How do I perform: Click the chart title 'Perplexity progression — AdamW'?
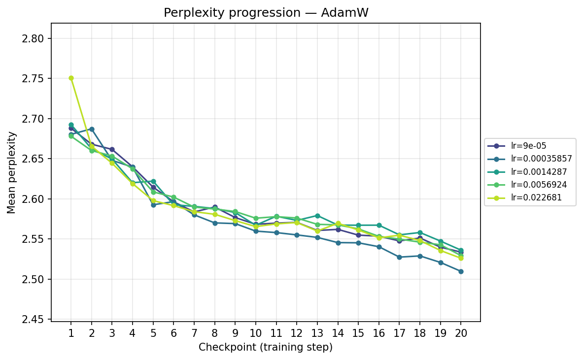point(266,13)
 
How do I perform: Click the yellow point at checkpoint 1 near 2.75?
point(71,78)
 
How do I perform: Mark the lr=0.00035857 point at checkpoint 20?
point(461,271)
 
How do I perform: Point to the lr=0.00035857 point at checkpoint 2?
point(92,129)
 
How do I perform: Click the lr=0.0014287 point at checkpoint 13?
point(317,216)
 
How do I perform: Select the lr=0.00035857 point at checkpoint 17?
point(399,257)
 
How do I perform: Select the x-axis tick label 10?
point(256,333)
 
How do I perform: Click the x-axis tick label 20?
point(461,333)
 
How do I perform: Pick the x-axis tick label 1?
point(71,333)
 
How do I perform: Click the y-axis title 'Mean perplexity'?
point(12,172)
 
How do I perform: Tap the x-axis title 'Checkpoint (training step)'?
point(266,347)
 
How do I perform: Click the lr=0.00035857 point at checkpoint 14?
point(338,243)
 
